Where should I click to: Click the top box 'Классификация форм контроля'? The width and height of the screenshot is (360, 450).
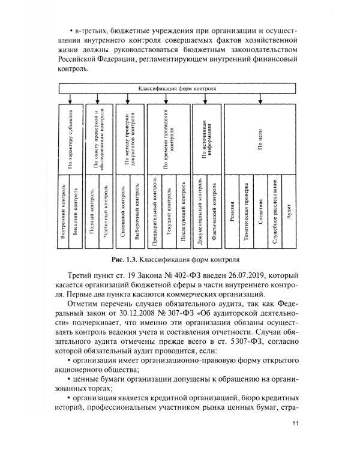[178, 88]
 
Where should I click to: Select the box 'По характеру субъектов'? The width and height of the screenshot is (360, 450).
[71, 138]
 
